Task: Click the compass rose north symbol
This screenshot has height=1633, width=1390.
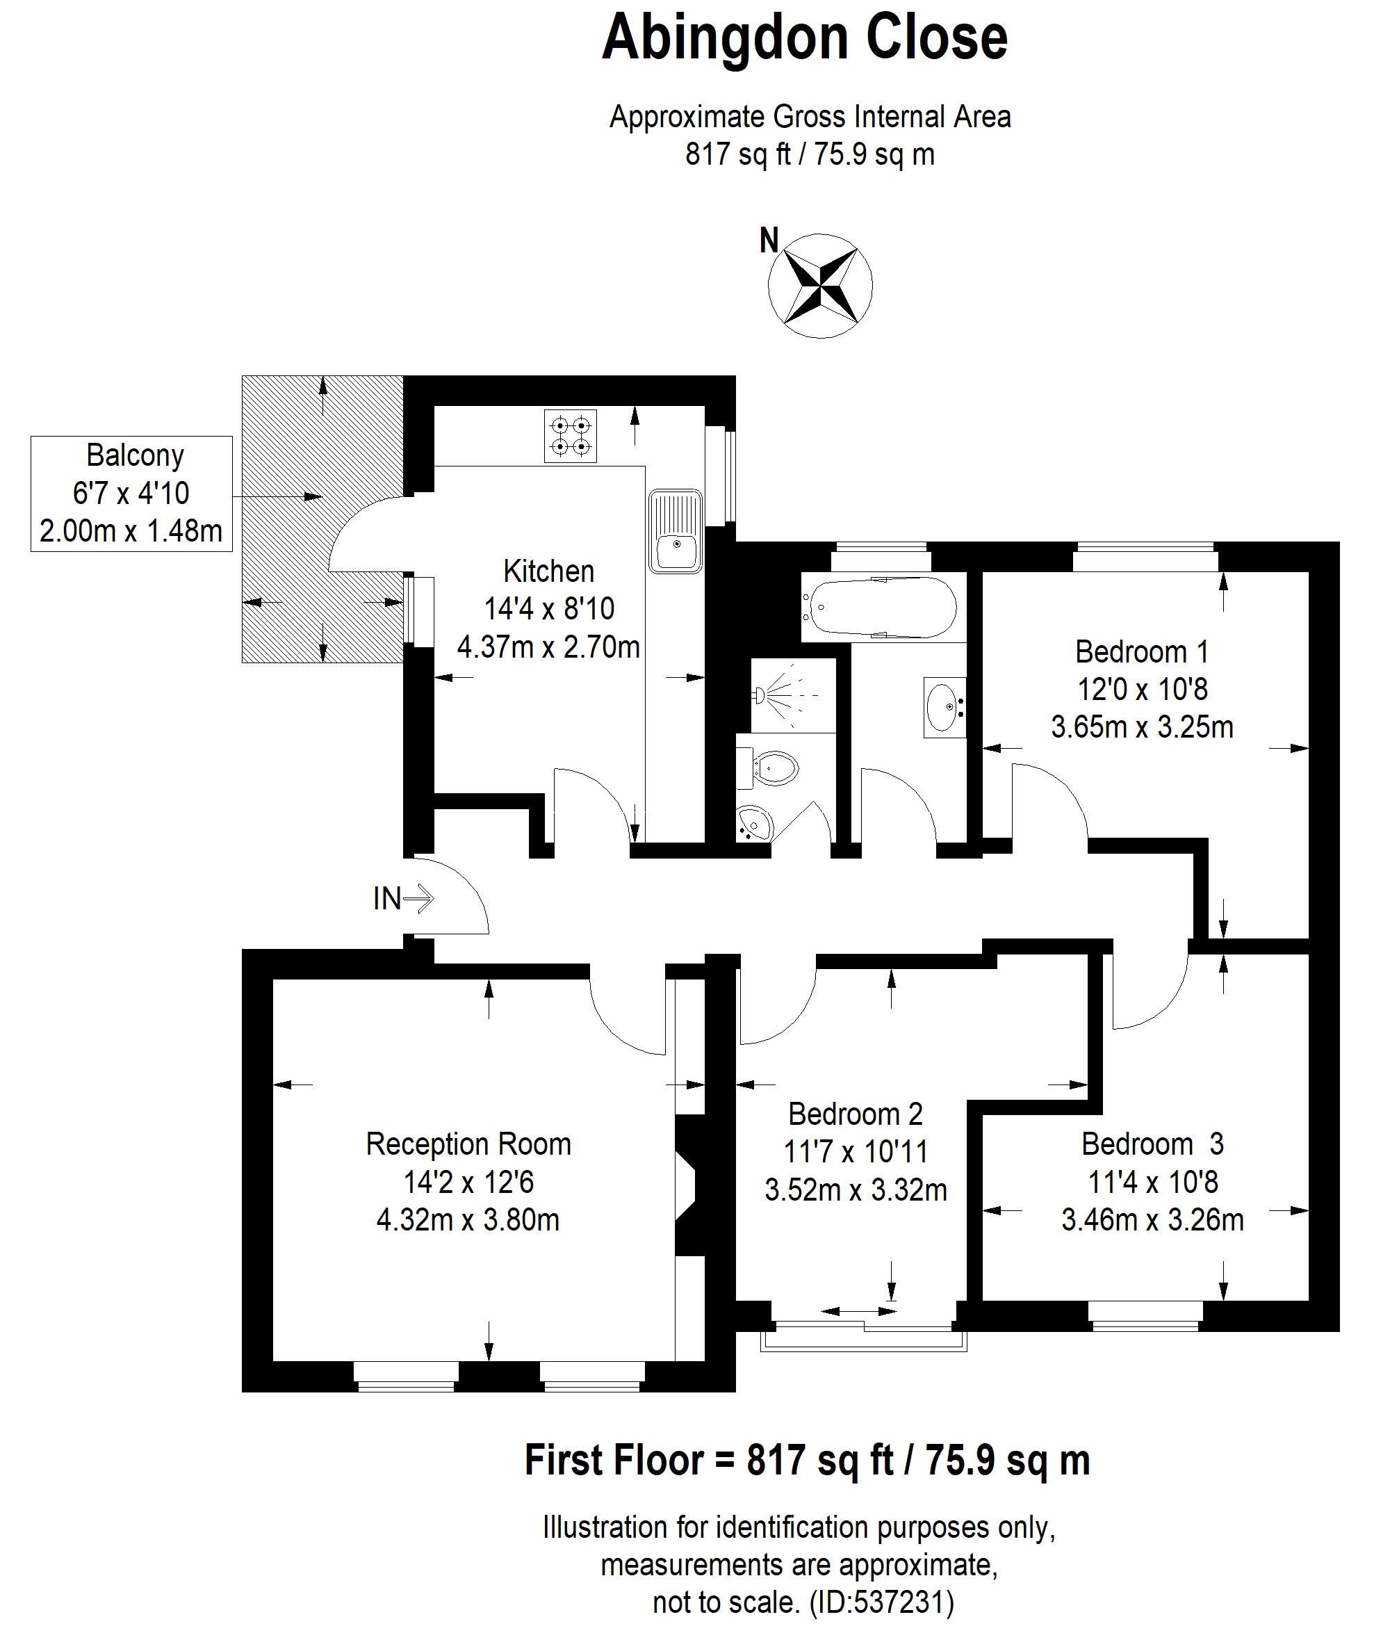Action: [x=820, y=285]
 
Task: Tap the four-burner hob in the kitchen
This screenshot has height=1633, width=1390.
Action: [x=571, y=436]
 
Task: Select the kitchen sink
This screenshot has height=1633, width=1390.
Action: [x=676, y=531]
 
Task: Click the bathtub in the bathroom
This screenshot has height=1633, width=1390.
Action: [x=879, y=608]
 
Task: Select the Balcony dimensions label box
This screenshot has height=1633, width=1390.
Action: [x=131, y=494]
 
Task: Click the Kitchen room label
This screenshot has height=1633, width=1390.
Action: [x=549, y=571]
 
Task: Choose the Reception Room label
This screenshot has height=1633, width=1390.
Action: [x=468, y=1144]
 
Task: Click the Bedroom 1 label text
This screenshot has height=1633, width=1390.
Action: [x=1142, y=652]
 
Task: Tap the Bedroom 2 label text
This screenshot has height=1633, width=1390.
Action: [x=855, y=1114]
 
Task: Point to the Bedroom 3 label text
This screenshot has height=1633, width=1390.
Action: [x=1153, y=1144]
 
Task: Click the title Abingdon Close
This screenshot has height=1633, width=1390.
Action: [x=805, y=38]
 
